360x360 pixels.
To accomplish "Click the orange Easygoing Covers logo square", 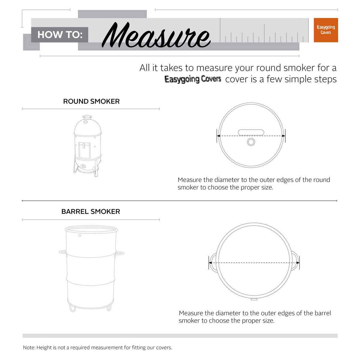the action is (x=325, y=30).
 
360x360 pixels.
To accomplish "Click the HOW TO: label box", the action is (x=60, y=34).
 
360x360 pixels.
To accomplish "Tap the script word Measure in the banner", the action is (x=156, y=35).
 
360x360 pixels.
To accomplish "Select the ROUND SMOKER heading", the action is (x=91, y=101).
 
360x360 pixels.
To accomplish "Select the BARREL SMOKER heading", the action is (x=91, y=211).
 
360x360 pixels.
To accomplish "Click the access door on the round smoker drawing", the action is (x=84, y=150).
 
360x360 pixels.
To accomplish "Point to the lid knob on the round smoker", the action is (x=87, y=117).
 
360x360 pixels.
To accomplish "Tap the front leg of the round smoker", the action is (x=95, y=169).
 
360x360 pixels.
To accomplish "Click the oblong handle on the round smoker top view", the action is (x=251, y=132).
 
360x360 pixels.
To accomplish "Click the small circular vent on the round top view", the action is (x=251, y=142).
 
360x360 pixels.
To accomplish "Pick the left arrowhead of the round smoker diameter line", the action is (x=219, y=136).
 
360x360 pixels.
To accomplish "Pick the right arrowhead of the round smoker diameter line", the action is (x=283, y=136).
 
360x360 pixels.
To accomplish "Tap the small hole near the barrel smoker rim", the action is (x=80, y=235).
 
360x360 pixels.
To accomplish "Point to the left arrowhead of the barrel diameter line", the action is (x=211, y=263).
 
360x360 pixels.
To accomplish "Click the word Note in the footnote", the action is (x=29, y=347).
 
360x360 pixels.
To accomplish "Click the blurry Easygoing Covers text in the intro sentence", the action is (x=193, y=79).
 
